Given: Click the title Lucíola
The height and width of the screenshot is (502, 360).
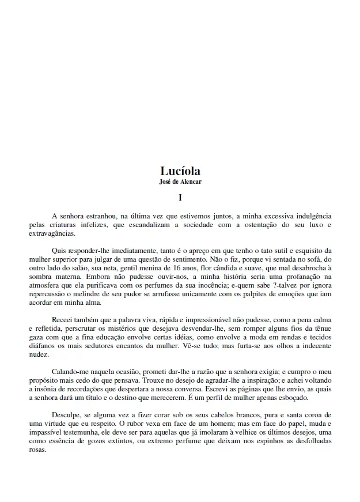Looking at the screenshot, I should coord(180,171).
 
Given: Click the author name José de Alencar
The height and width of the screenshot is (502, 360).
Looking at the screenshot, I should coord(180,182).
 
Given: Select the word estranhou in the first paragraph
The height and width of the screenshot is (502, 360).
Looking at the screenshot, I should coord(100,216).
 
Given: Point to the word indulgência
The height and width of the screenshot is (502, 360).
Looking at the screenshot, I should coord(309,216).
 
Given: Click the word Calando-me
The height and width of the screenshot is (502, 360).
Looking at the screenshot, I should coord(72,372).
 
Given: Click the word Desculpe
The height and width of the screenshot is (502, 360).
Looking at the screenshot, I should coord(68,415).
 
